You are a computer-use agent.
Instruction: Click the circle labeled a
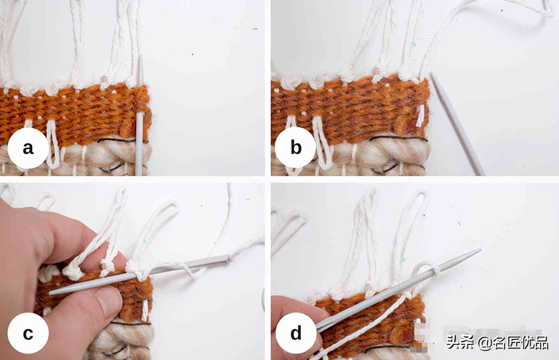point(28,148)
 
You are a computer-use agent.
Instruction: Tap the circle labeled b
point(296,147)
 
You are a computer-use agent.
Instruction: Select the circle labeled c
point(28,333)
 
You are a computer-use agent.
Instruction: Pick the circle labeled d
point(296,333)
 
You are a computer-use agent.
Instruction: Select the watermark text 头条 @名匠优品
point(497,342)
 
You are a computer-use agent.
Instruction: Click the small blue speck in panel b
point(414,44)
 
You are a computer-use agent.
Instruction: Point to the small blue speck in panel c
point(144,242)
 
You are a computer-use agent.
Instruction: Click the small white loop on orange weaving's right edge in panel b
point(420,115)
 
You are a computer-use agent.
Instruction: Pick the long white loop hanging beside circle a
point(53,144)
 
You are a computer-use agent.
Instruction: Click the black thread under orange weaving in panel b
point(399,138)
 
